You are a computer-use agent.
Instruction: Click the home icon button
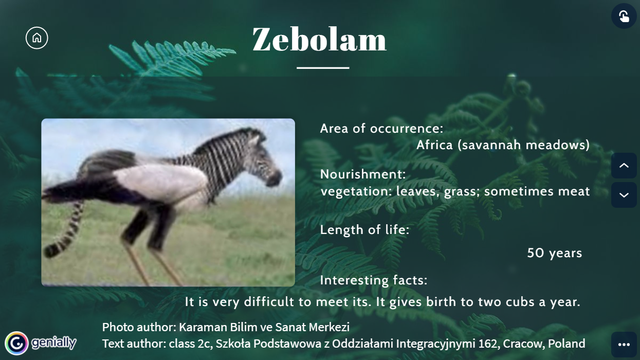(x=37, y=38)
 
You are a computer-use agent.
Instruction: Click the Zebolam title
(x=319, y=39)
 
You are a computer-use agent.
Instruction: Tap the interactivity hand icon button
(x=624, y=16)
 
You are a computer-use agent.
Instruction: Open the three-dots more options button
(x=624, y=344)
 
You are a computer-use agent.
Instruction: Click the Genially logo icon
(x=16, y=343)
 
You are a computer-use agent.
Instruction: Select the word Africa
(x=434, y=145)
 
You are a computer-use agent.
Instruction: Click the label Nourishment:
(x=363, y=174)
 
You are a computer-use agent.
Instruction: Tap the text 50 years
(x=555, y=253)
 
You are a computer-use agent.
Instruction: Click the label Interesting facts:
(x=374, y=280)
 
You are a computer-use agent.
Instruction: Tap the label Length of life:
(x=365, y=230)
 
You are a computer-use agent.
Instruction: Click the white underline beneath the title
(x=323, y=68)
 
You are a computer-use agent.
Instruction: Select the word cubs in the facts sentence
(x=520, y=302)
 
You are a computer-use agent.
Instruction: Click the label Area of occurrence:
(x=382, y=129)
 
